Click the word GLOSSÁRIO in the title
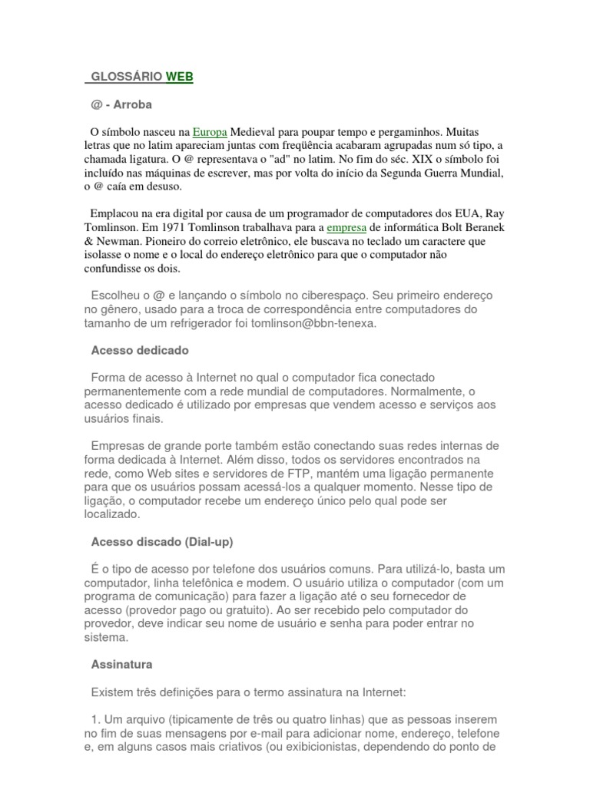pyautogui.click(x=126, y=77)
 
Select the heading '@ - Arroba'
pyautogui.click(x=127, y=104)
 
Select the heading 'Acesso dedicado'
pyautogui.click(x=140, y=350)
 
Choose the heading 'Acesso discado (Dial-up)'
pyautogui.click(x=161, y=542)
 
